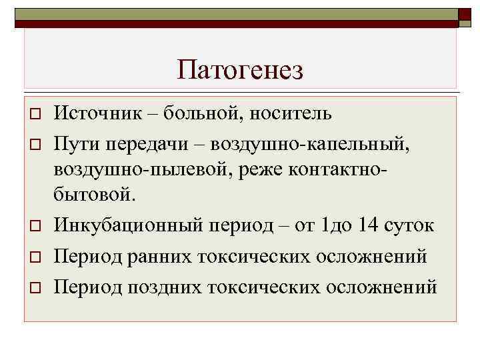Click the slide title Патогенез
(x=240, y=69)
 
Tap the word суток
(x=410, y=225)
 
